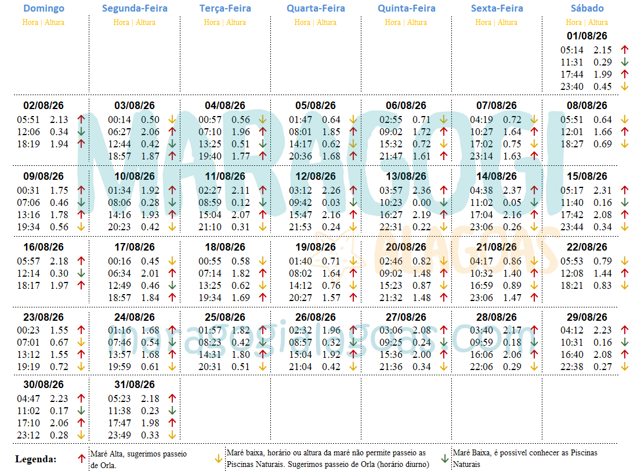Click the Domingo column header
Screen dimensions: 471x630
click(44, 9)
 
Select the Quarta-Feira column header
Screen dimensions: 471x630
click(316, 9)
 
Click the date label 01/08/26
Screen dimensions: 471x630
click(587, 35)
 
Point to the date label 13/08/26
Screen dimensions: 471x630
click(406, 176)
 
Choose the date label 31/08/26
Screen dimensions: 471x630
click(135, 385)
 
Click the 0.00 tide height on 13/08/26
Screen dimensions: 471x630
click(422, 203)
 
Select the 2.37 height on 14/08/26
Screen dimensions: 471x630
click(512, 190)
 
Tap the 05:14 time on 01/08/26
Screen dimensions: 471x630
click(571, 50)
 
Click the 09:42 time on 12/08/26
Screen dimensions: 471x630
click(300, 203)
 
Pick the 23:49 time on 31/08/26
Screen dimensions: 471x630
click(120, 436)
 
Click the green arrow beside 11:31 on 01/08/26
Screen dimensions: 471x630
click(624, 63)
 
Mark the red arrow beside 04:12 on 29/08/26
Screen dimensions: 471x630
click(624, 331)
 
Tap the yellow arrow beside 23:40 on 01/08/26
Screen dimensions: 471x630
click(624, 87)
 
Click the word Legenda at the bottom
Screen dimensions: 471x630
click(36, 459)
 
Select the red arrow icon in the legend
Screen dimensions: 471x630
click(82, 458)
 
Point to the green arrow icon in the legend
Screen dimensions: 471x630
click(444, 458)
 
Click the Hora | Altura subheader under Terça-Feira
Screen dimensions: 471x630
click(225, 23)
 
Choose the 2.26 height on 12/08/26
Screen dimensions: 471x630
click(331, 190)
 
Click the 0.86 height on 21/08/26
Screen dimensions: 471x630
click(512, 262)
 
